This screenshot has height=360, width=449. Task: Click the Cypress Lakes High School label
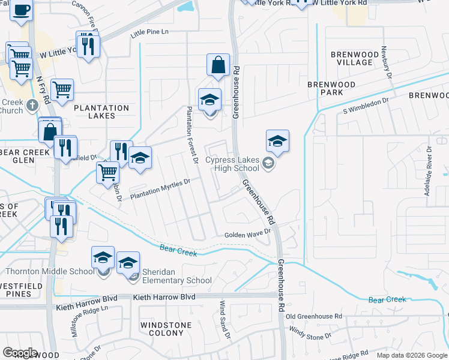click(232, 164)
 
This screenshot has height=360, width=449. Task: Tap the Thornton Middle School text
click(47, 271)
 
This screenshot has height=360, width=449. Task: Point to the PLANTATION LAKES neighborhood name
click(101, 112)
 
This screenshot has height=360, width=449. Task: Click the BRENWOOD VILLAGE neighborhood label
click(351, 58)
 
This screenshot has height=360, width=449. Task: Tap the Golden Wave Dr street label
click(248, 234)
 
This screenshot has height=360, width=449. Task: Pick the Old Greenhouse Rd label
click(314, 316)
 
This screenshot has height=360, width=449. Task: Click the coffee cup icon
click(20, 10)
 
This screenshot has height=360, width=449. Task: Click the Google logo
click(20, 353)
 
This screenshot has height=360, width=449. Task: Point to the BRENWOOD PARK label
click(331, 88)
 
